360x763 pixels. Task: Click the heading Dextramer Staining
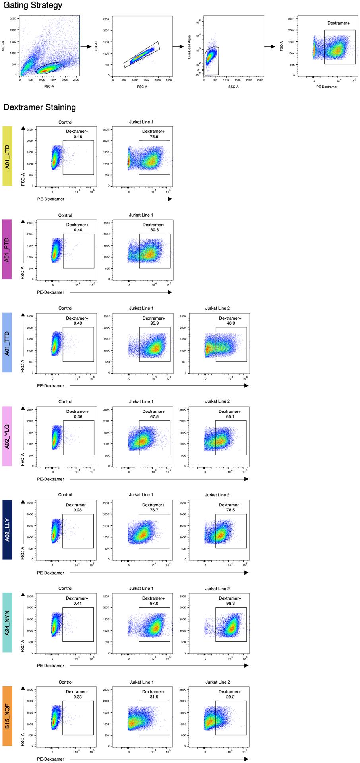click(39, 107)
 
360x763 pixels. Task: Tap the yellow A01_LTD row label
click(7, 156)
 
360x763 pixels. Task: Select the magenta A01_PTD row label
click(7, 249)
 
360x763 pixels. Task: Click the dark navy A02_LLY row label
click(7, 530)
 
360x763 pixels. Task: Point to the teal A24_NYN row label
click(7, 623)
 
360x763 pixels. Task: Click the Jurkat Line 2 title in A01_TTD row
click(217, 308)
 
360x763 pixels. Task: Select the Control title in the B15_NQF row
click(66, 682)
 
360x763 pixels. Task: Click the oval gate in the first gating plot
click(48, 68)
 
